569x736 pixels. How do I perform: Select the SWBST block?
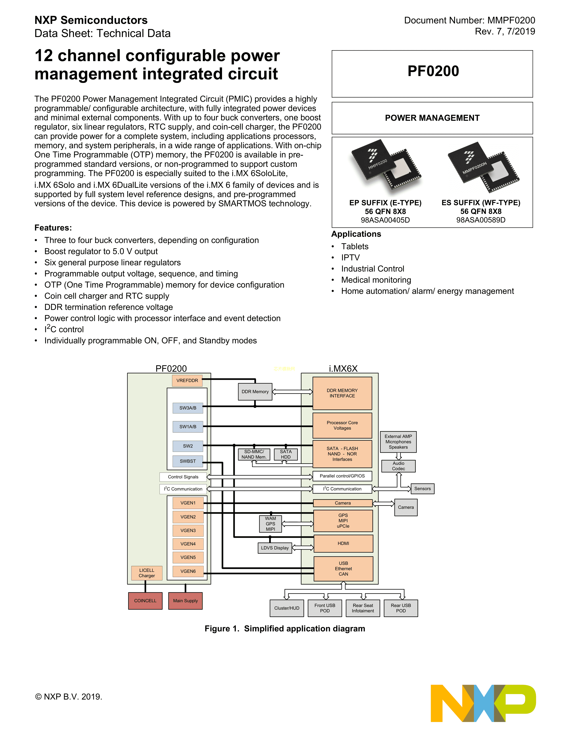187,461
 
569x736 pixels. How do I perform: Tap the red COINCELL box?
145,601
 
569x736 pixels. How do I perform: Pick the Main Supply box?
185,601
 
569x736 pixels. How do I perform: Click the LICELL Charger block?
147,573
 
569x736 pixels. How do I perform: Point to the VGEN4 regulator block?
188,544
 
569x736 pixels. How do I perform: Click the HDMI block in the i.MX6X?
343,543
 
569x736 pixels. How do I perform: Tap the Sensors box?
422,489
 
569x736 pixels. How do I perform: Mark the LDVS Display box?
275,548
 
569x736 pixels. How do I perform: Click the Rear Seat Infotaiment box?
363,608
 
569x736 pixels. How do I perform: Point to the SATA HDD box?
286,454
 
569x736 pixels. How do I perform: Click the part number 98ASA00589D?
481,220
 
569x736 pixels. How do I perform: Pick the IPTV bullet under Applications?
350,257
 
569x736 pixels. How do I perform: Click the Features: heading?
53,228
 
